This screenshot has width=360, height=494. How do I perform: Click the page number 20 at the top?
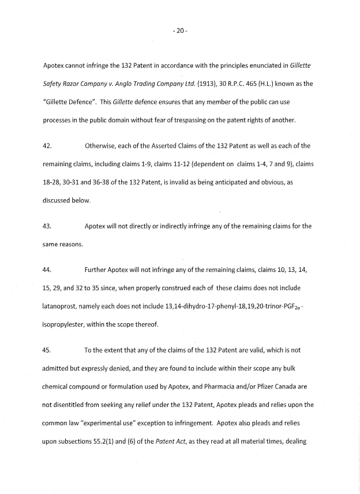coord(179,31)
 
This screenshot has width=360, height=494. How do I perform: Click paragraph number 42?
coord(47,147)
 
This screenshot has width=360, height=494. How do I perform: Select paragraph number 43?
coord(47,226)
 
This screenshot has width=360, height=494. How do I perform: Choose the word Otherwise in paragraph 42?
coord(102,147)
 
